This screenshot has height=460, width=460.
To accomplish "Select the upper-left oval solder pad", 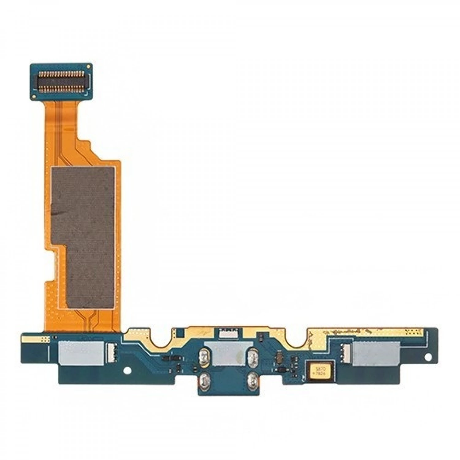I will click(x=203, y=357).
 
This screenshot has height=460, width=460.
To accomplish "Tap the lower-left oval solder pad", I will click(x=203, y=380).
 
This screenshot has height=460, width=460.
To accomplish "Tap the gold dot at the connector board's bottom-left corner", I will click(x=34, y=97).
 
